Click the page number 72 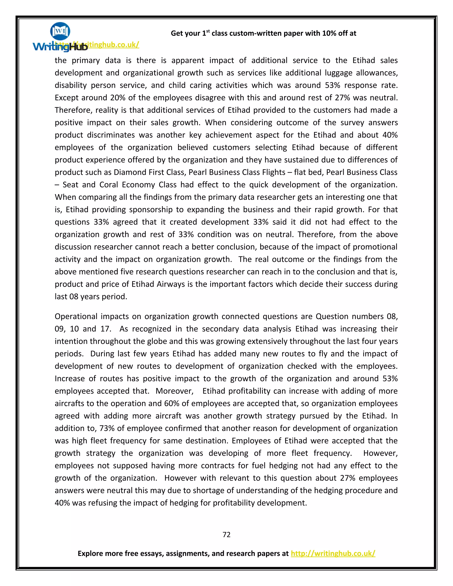[226, 534]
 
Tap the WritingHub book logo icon [60, 31]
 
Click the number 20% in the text [117, 98]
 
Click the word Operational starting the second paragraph [76, 316]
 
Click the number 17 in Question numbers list [104, 329]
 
